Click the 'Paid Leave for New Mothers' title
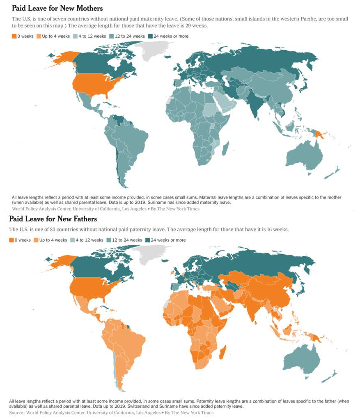[57, 8]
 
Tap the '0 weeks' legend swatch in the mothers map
[14, 36]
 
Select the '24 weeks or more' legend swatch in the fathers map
[148, 240]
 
